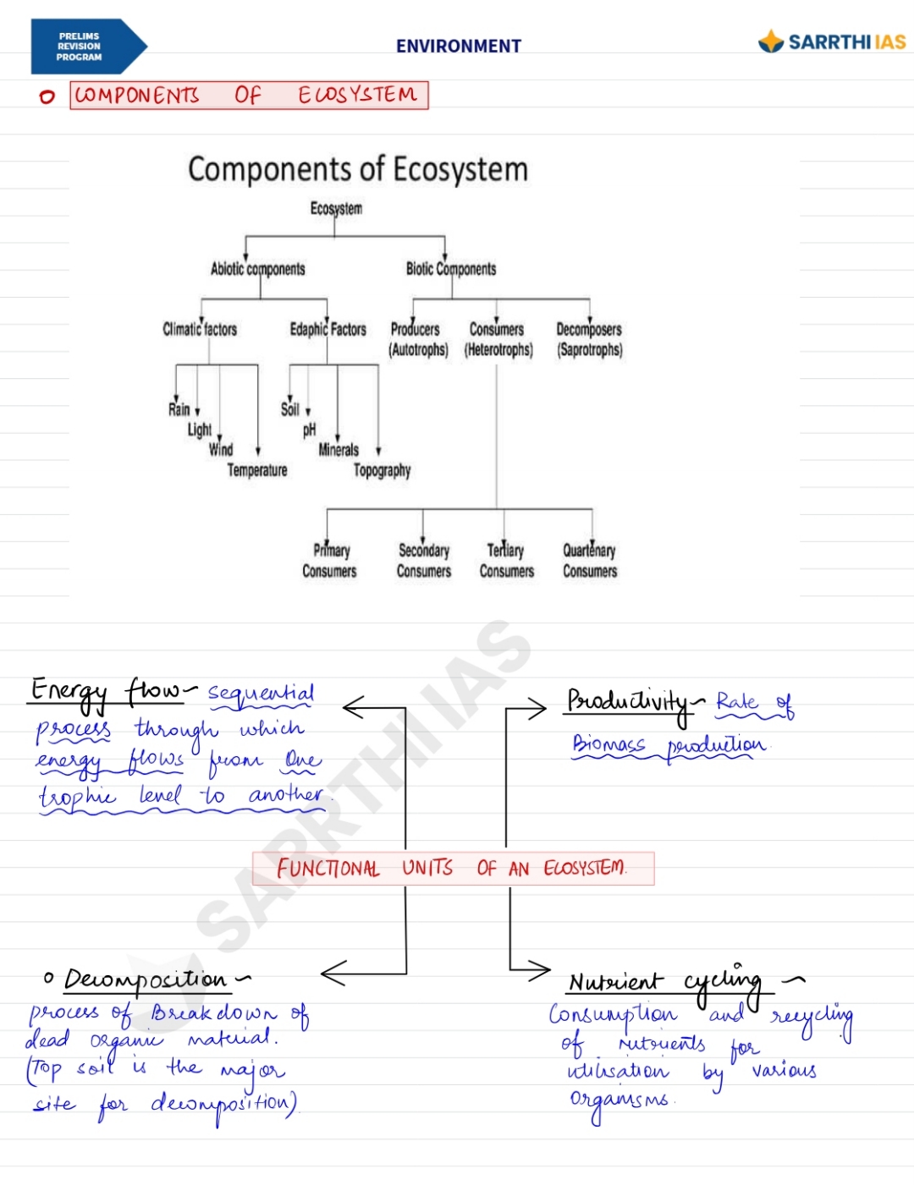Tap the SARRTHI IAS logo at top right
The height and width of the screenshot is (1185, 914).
coord(832,41)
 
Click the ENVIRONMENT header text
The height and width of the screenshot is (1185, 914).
coord(458,47)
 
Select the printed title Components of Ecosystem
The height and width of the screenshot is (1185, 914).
coord(357,169)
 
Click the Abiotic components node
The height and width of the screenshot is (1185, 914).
coord(257,269)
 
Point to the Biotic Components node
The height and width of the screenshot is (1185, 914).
coord(451,269)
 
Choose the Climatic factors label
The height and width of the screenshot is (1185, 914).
coord(200,329)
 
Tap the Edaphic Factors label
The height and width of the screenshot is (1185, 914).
coord(328,329)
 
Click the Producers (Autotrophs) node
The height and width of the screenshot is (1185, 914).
coord(417,339)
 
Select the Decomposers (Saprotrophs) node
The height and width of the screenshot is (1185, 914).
coord(589,339)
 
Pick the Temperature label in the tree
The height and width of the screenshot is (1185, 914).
coord(257,470)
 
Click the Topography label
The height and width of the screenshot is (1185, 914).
coord(382,470)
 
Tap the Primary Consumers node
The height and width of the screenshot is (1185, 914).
coord(330,561)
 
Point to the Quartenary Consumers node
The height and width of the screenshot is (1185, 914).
coord(590,561)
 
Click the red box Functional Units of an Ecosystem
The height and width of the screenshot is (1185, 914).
coord(453,869)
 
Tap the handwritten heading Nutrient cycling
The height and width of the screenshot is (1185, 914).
coord(664,982)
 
